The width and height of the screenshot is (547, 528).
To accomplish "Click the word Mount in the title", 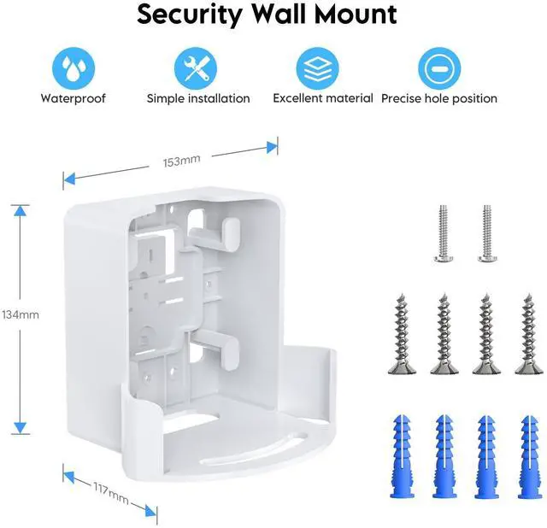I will coord(351,15).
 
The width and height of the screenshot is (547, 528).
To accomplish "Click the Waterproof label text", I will coord(73,98).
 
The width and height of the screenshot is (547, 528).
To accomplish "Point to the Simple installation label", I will coord(198,98).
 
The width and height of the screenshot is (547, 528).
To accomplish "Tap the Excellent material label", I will coord(322,98).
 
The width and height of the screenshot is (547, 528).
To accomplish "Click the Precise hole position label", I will coord(439,98).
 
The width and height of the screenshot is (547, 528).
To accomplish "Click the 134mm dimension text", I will coord(20,314).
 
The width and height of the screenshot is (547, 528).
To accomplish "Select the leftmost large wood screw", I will coord(403,333).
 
